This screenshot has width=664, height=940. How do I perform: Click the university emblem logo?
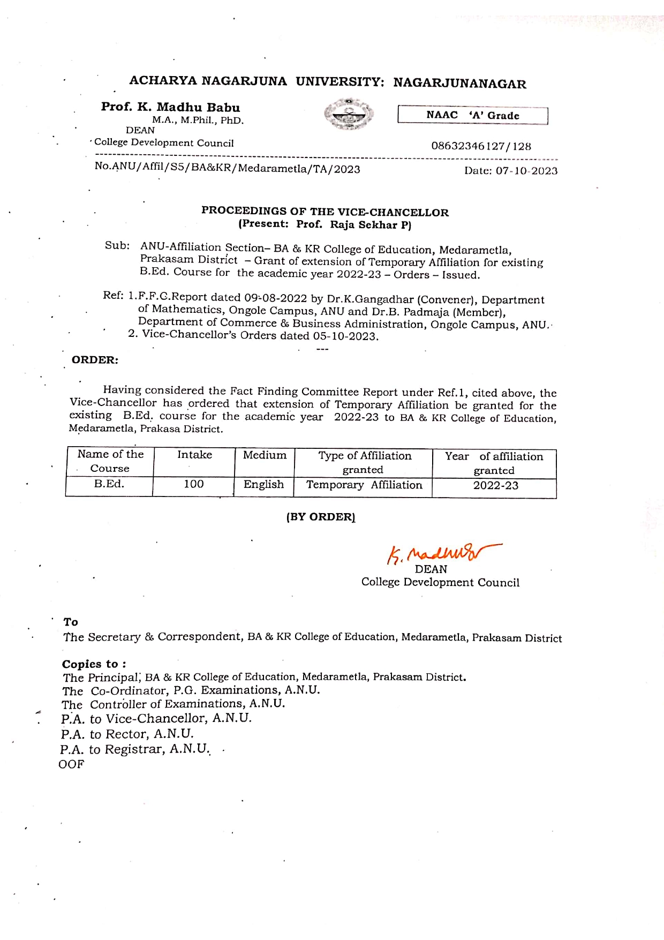pos(349,115)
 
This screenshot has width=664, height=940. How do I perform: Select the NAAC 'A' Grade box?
pos(472,116)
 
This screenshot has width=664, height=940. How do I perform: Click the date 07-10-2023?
pos(526,171)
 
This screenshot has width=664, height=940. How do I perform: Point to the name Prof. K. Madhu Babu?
pos(170,107)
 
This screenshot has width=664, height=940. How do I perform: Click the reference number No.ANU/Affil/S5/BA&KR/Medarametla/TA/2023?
pos(227,168)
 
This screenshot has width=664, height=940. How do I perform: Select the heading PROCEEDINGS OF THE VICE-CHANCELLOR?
pos(325,212)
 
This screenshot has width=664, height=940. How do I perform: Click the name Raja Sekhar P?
pos(370,225)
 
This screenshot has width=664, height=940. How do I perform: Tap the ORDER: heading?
pos(95,360)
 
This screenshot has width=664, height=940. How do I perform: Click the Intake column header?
pos(194,455)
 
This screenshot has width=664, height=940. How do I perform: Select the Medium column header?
pos(265,455)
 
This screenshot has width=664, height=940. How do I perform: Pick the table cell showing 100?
pos(193,484)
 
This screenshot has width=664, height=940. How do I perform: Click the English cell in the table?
pos(263,485)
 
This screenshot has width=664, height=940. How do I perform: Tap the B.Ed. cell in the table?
pos(109,484)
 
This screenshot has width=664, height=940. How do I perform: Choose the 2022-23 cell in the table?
pos(495,486)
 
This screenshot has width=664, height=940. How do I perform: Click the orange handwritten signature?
pos(442,553)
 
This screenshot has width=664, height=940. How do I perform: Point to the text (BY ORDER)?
pos(320,517)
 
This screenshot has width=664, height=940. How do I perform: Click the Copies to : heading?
pos(94,664)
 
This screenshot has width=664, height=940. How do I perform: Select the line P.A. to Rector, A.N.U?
pos(127,734)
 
